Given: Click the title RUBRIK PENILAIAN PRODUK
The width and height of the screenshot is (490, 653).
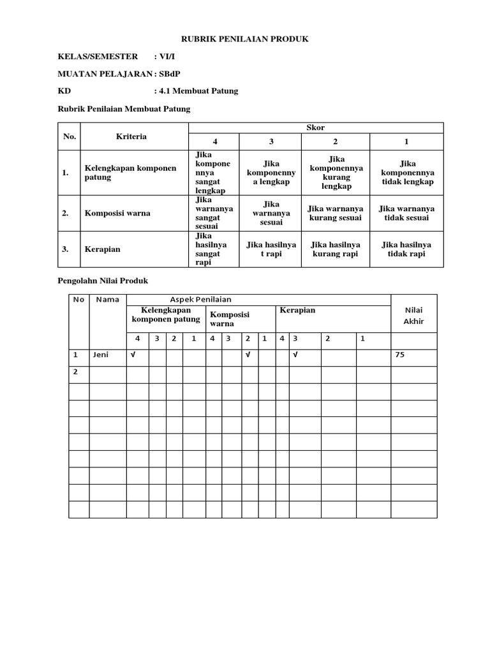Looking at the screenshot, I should coord(245,40).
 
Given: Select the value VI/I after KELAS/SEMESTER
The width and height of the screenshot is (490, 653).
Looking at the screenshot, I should coord(168,57).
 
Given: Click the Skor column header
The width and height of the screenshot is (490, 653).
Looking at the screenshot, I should coord(315,128).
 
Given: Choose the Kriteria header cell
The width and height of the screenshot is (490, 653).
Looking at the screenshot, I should coord(131,136).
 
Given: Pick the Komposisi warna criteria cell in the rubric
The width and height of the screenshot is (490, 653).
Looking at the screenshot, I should coord(117,214).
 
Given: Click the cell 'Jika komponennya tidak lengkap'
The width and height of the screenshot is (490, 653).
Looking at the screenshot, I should coord(406,173).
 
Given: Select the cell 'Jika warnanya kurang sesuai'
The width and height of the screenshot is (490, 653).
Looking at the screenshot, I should coord(335,214).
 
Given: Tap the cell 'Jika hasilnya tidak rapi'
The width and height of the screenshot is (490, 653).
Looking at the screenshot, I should coord(406,249).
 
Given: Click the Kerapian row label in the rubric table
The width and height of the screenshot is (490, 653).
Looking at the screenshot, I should coord(102,249).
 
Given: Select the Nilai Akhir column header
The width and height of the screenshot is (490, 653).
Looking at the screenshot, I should coord(413,316).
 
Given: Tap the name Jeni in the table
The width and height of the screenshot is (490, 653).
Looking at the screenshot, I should coord(101,355).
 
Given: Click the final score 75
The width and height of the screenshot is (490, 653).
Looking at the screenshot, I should coord(400,355).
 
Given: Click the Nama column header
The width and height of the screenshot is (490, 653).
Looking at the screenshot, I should coord(107,300).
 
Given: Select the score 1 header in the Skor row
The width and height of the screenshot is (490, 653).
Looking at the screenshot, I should coord(406,142).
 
